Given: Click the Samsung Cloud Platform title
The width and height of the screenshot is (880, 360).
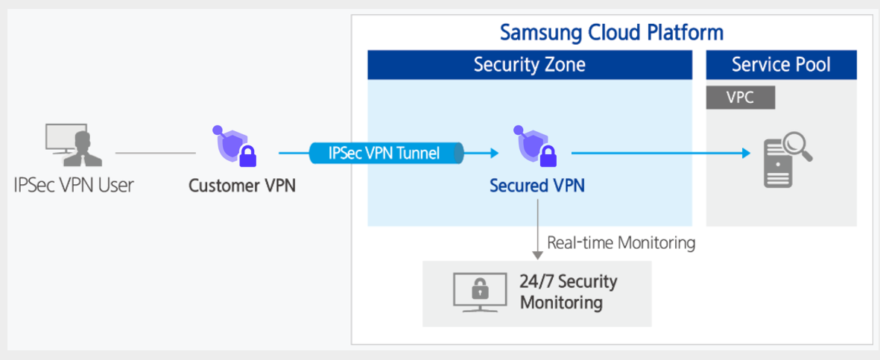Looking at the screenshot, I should pos(611,33).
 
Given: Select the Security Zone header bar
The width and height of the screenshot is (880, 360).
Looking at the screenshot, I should pos(529,65).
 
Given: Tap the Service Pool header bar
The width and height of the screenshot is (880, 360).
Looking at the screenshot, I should pos(781,65).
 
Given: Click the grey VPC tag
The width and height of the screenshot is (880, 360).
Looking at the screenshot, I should pos(740,97).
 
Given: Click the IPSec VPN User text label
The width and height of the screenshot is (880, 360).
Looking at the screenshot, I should pos(74,185).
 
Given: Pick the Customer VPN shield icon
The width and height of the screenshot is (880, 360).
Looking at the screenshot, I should pos(235,146).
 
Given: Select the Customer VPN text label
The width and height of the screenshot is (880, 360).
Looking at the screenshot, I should pos(242,185).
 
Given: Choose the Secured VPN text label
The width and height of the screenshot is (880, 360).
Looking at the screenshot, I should pos(536,185).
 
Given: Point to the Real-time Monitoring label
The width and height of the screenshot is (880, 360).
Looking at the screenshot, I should pos(621,242).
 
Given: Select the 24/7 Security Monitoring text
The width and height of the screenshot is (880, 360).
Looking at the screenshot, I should pos(568,292).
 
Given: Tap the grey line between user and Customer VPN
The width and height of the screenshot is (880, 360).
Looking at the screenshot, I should pos(155,154).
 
